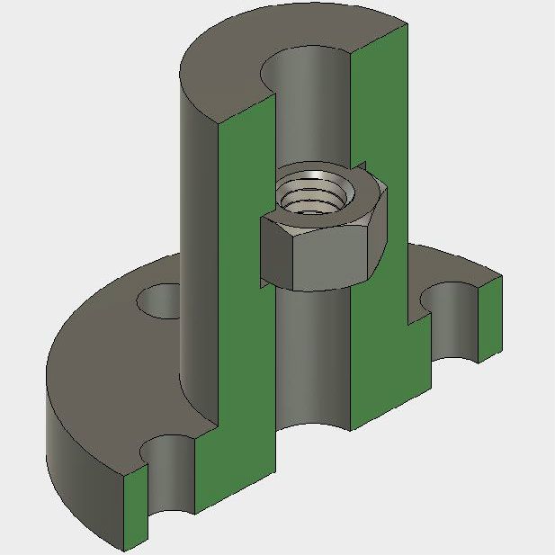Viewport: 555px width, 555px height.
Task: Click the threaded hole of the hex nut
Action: (x=310, y=192)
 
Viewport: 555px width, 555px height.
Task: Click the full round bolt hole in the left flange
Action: (x=163, y=300)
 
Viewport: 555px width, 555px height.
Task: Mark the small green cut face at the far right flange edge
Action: (x=490, y=315)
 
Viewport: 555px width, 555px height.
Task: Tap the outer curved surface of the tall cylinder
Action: (x=198, y=225)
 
